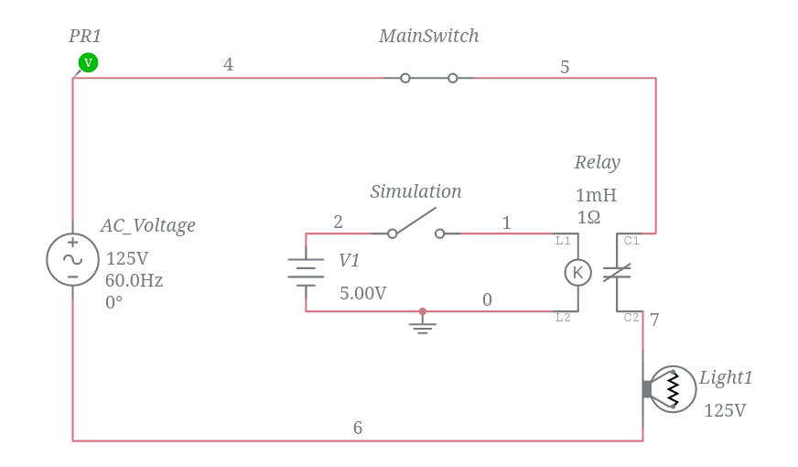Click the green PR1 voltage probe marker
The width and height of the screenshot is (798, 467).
pos(88,62)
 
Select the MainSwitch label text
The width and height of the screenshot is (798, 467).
pos(428,36)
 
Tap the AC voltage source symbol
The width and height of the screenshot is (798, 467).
pos(72,259)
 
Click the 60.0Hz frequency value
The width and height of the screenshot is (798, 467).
pos(135,280)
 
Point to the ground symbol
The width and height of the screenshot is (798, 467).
pos(422,323)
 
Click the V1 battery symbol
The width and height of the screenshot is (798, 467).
pos(306,272)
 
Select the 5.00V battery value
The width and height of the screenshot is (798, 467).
pos(362,293)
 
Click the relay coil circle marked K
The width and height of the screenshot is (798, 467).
pos(577,272)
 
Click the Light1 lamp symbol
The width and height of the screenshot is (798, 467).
pos(672,389)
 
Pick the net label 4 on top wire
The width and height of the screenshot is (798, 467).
pos(228,65)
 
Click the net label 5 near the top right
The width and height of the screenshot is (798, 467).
pos(565,67)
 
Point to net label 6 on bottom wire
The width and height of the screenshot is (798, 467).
pos(358,428)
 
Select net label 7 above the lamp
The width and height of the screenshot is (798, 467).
pos(654,320)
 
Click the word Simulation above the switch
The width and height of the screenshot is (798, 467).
pos(415,191)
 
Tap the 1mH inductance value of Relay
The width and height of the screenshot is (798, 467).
pos(596,195)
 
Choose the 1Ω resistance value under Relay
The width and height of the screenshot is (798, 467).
pos(588,217)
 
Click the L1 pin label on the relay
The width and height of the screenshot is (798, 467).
pos(563,241)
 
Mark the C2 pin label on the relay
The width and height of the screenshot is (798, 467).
pos(631,318)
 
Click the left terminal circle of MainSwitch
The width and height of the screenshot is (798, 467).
pos(405,78)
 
